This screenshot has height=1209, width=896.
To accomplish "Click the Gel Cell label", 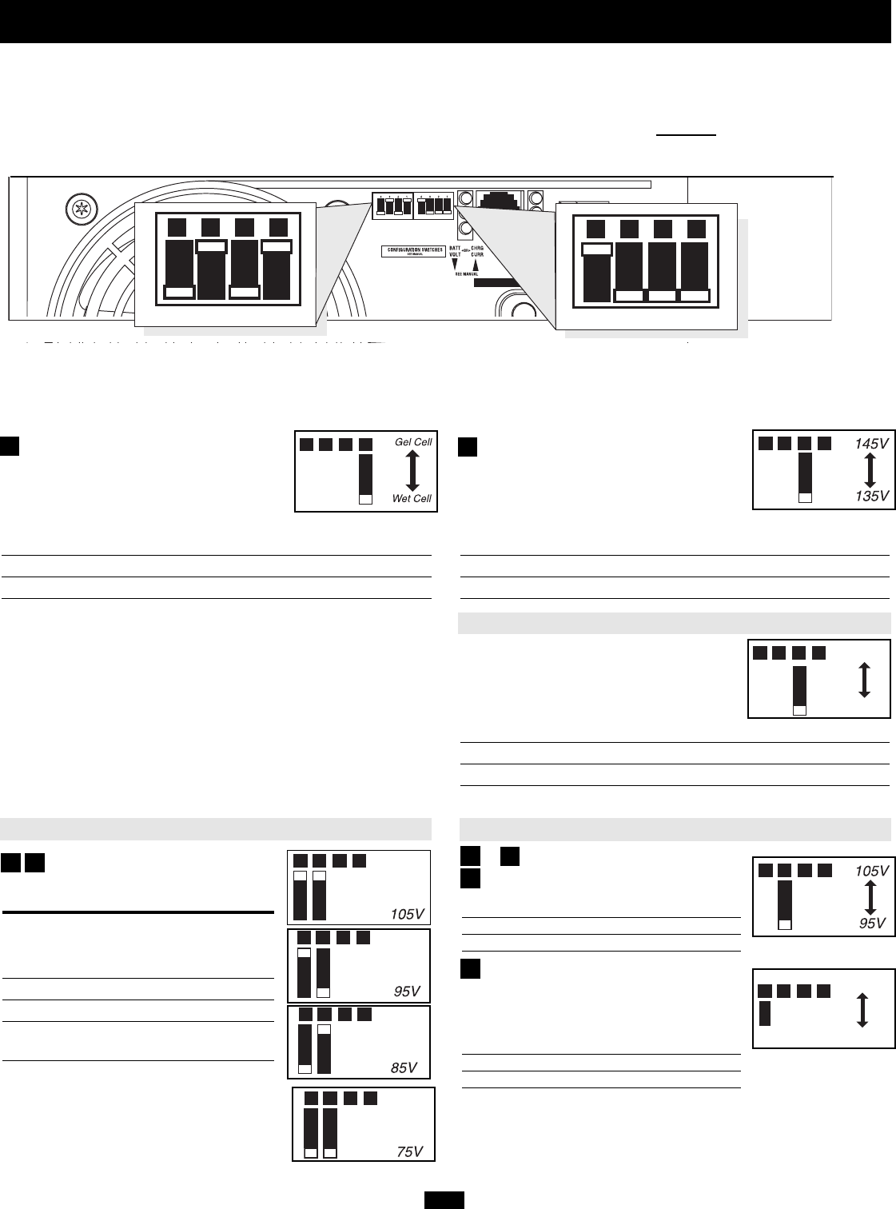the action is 413,442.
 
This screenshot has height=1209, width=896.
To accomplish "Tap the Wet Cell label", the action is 412,499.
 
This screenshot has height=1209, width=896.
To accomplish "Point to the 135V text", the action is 870,496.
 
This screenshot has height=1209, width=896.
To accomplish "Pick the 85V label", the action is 404,1067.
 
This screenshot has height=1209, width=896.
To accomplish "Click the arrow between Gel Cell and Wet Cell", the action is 412,470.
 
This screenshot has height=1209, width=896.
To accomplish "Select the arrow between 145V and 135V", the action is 870,470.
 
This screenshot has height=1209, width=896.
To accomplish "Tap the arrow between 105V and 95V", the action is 870,897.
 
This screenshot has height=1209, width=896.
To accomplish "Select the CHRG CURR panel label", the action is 478,253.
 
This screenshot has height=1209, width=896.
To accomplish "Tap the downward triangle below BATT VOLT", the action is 456,265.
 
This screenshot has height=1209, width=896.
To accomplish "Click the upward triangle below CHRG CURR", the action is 478,265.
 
